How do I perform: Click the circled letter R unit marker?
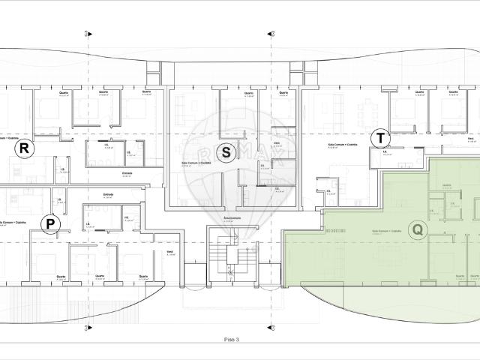(25, 148)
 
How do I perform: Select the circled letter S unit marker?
(227, 151)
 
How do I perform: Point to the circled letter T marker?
(381, 138)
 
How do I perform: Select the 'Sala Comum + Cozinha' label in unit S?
(196, 162)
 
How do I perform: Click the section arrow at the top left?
(89, 33)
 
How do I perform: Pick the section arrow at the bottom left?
(89, 328)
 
